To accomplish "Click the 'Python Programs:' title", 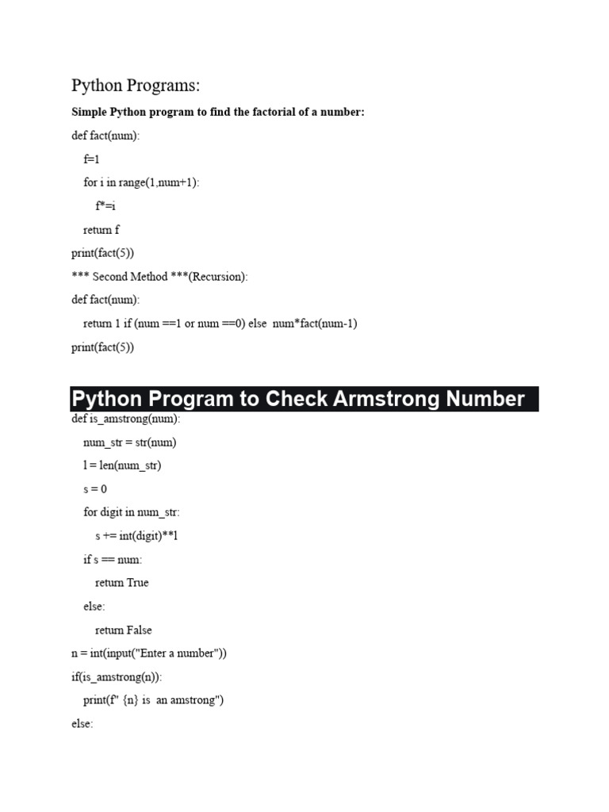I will [x=136, y=86].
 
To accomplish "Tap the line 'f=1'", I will [x=92, y=159].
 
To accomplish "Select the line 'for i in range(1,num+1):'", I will [x=142, y=182].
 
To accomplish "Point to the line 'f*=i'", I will [x=105, y=206].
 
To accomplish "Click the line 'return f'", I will [x=101, y=230].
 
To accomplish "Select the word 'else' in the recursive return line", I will [x=258, y=324].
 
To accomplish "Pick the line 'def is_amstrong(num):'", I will [x=126, y=419].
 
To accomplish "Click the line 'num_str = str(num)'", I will [x=130, y=442].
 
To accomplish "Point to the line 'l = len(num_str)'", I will [x=122, y=465].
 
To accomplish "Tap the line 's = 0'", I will [x=95, y=489].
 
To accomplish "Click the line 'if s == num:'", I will [x=113, y=560].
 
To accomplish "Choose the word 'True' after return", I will [x=137, y=583].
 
